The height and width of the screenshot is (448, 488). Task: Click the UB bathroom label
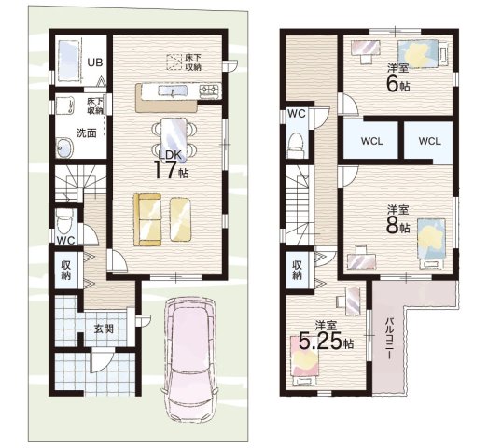(x=95, y=63)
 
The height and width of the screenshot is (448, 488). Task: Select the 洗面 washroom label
(x=87, y=133)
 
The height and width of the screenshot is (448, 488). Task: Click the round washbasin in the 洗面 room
(x=64, y=147)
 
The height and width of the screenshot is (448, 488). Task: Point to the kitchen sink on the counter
(x=173, y=91)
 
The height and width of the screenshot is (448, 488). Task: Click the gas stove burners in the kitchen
(x=210, y=90)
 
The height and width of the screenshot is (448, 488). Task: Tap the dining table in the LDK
(x=174, y=139)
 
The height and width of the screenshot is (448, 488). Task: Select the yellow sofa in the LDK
(x=147, y=219)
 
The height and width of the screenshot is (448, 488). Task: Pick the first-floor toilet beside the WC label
(x=64, y=220)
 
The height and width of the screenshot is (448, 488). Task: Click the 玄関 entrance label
(x=104, y=329)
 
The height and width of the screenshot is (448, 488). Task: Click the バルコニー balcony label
(x=388, y=339)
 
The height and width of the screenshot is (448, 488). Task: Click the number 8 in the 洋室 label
(x=393, y=226)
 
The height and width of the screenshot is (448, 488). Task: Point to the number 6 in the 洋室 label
(x=393, y=83)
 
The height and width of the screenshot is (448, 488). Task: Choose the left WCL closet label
(x=372, y=141)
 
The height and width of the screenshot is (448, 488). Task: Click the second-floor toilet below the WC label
(x=296, y=145)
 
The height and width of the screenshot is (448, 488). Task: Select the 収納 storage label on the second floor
(x=298, y=270)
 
